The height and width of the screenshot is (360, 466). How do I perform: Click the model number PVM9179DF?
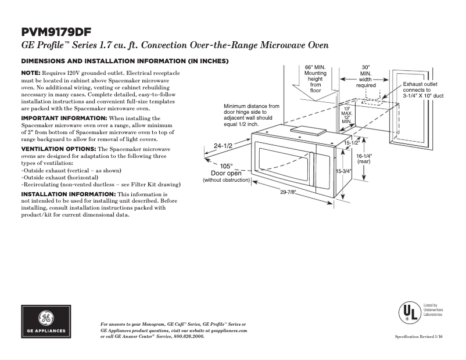click(56, 31)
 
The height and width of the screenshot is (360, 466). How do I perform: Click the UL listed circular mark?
click(408, 313)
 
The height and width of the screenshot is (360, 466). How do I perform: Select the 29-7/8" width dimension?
click(288, 192)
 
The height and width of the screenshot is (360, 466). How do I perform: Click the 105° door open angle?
click(226, 165)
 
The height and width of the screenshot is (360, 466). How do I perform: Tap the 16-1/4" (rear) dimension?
click(364, 159)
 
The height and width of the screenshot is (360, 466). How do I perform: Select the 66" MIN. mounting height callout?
click(316, 78)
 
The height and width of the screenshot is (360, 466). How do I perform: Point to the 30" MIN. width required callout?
click(365, 76)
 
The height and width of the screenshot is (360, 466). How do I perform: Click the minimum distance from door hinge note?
click(251, 116)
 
